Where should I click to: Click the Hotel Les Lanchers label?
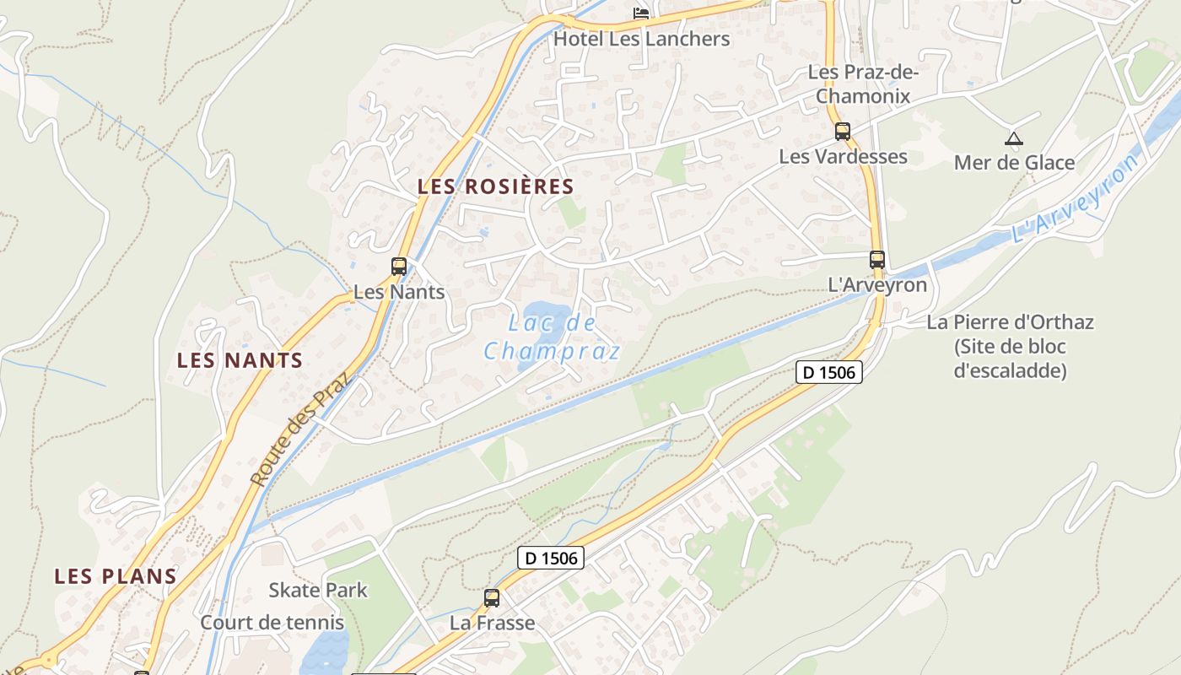coord(641,39)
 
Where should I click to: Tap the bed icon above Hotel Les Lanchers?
coord(642,12)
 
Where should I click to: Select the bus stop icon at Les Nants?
coord(399,267)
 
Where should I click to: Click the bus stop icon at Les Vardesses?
coord(842,132)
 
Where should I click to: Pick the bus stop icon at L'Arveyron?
coord(877,260)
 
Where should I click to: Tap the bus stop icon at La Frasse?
coord(492,598)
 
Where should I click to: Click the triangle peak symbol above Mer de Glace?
coord(1013,138)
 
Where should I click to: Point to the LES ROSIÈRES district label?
coord(496,186)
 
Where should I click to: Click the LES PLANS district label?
coord(116,576)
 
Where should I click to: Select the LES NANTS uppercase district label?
coord(240,360)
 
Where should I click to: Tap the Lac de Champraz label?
coord(553,337)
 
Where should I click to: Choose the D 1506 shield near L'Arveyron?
coord(828,371)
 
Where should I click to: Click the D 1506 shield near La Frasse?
coord(550,557)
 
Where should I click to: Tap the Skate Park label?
coord(318,590)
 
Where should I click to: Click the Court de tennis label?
coord(272,623)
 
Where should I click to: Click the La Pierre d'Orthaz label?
coord(1010,321)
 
